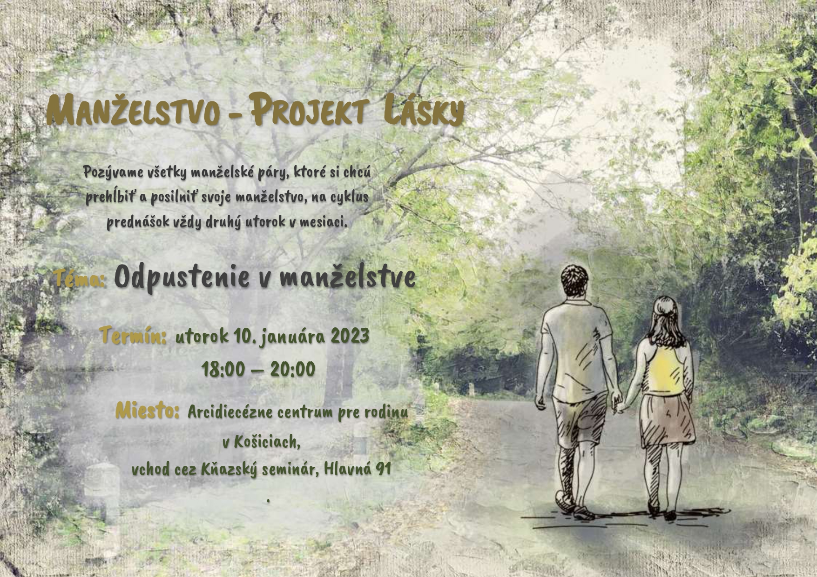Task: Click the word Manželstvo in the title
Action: click(133, 111)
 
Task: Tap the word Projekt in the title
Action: click(306, 109)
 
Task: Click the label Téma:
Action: click(79, 279)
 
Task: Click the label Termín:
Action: click(133, 336)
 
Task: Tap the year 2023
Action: click(350, 336)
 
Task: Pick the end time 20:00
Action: click(293, 370)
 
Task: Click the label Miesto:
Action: click(147, 411)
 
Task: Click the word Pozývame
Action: click(113, 172)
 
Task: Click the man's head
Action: click(574, 281)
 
